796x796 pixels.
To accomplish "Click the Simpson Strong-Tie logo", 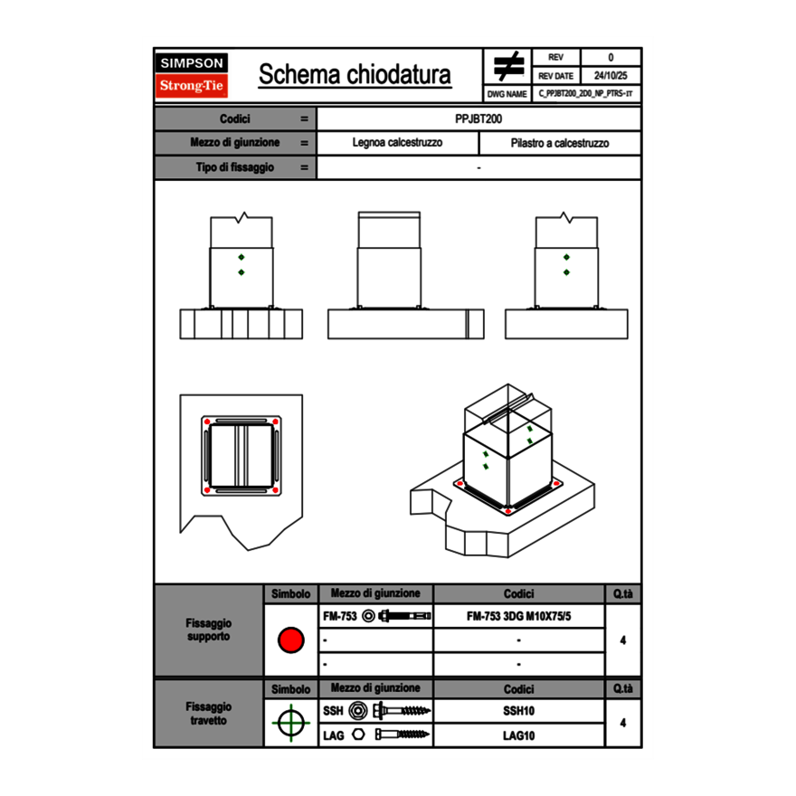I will [x=192, y=75].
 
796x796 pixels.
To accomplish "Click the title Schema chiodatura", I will [x=355, y=75].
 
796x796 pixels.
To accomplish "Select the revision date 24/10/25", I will [x=611, y=76].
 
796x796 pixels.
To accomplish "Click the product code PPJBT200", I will [x=479, y=118].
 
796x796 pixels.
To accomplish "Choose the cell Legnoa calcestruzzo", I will [x=397, y=143].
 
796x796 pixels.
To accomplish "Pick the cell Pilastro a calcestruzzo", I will [x=559, y=143].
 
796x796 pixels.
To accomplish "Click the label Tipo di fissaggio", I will [x=235, y=167].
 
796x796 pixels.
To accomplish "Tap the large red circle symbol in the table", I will [x=290, y=640].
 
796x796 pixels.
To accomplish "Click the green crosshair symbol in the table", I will [x=290, y=723].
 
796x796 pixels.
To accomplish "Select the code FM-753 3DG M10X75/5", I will [x=518, y=617].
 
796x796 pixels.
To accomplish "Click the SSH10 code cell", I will [x=518, y=711].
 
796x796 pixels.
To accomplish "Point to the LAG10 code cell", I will [x=518, y=735].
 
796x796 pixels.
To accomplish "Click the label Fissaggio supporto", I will [x=208, y=630].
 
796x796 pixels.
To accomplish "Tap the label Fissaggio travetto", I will [x=208, y=713].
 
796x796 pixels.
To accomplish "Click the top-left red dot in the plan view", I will [x=207, y=422].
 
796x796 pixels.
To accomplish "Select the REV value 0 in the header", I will [x=611, y=58].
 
